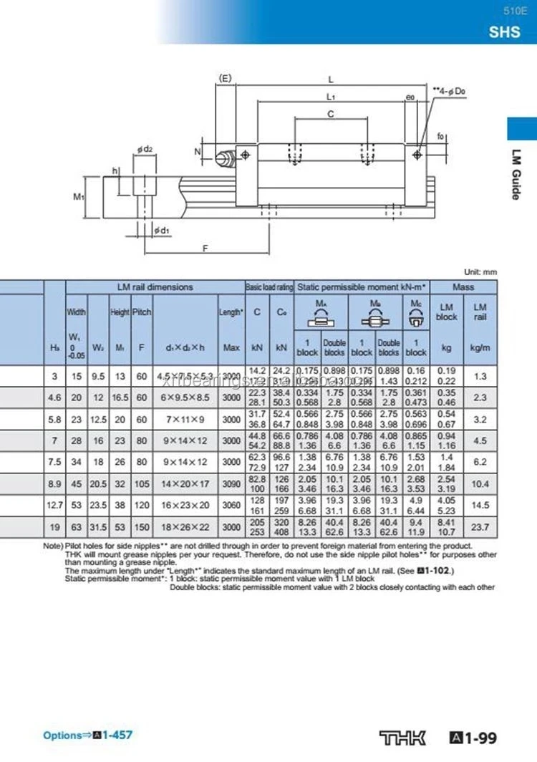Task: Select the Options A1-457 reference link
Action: click(x=87, y=735)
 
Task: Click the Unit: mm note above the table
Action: click(x=480, y=272)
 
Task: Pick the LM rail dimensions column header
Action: click(x=155, y=287)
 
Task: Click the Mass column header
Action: click(x=463, y=287)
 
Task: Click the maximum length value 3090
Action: click(x=231, y=485)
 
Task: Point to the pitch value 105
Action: click(x=142, y=485)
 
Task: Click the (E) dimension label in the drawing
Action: click(x=225, y=79)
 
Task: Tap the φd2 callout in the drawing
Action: click(x=145, y=148)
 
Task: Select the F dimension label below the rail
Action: click(x=206, y=249)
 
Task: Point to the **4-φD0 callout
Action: click(x=450, y=91)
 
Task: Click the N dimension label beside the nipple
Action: click(x=198, y=152)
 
